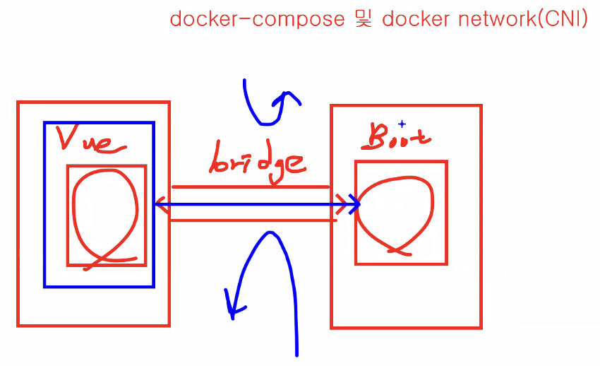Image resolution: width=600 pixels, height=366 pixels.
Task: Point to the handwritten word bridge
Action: [258, 161]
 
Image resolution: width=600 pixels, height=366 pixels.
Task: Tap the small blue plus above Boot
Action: [402, 124]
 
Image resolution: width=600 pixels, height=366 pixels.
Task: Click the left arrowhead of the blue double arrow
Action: [158, 206]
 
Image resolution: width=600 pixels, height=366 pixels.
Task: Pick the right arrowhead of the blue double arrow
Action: [356, 205]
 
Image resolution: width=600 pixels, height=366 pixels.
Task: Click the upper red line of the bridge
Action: [251, 187]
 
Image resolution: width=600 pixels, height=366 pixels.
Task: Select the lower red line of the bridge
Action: [251, 220]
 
